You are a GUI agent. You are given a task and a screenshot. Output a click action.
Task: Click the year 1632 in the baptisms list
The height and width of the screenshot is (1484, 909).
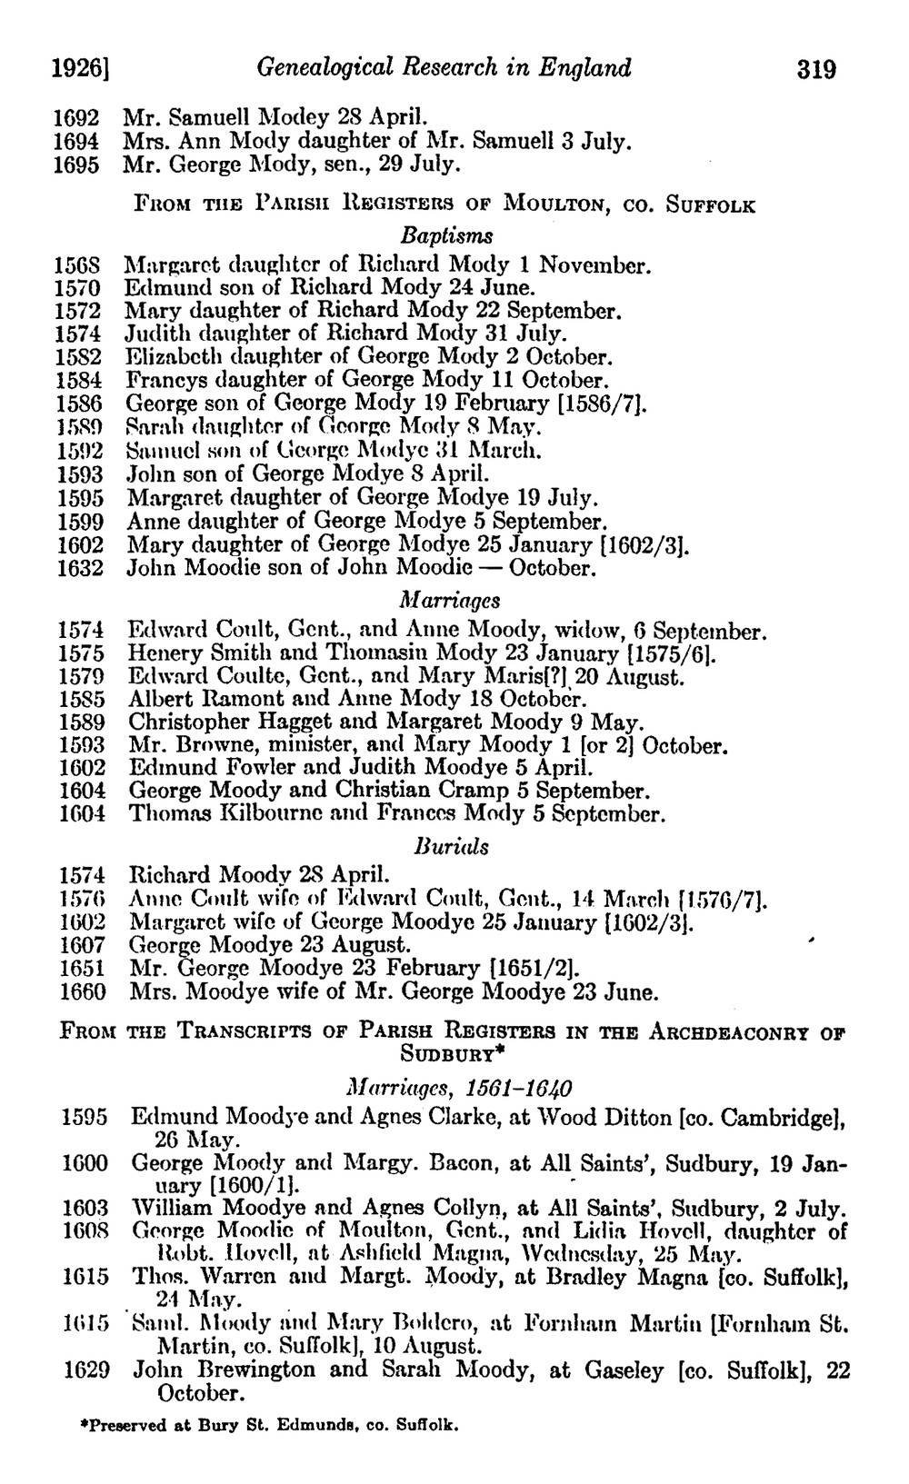click(81, 569)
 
